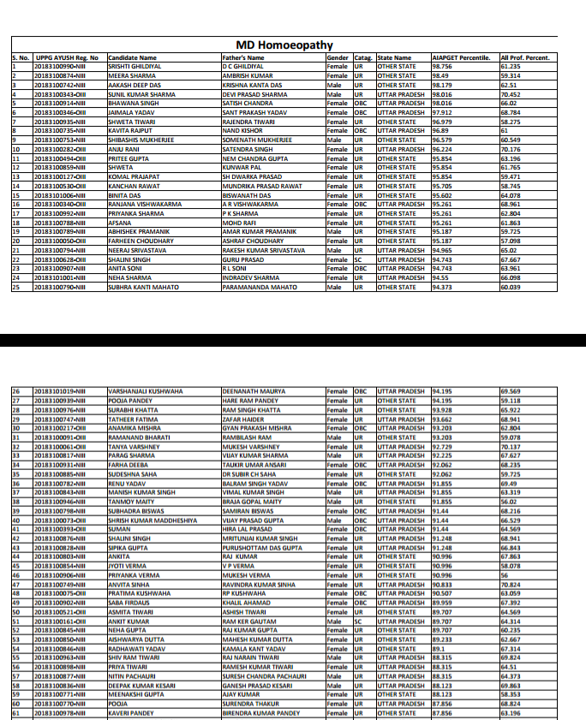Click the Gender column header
point(338,57)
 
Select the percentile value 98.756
point(443,66)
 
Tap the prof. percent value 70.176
point(511,148)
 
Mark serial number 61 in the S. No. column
point(15,712)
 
